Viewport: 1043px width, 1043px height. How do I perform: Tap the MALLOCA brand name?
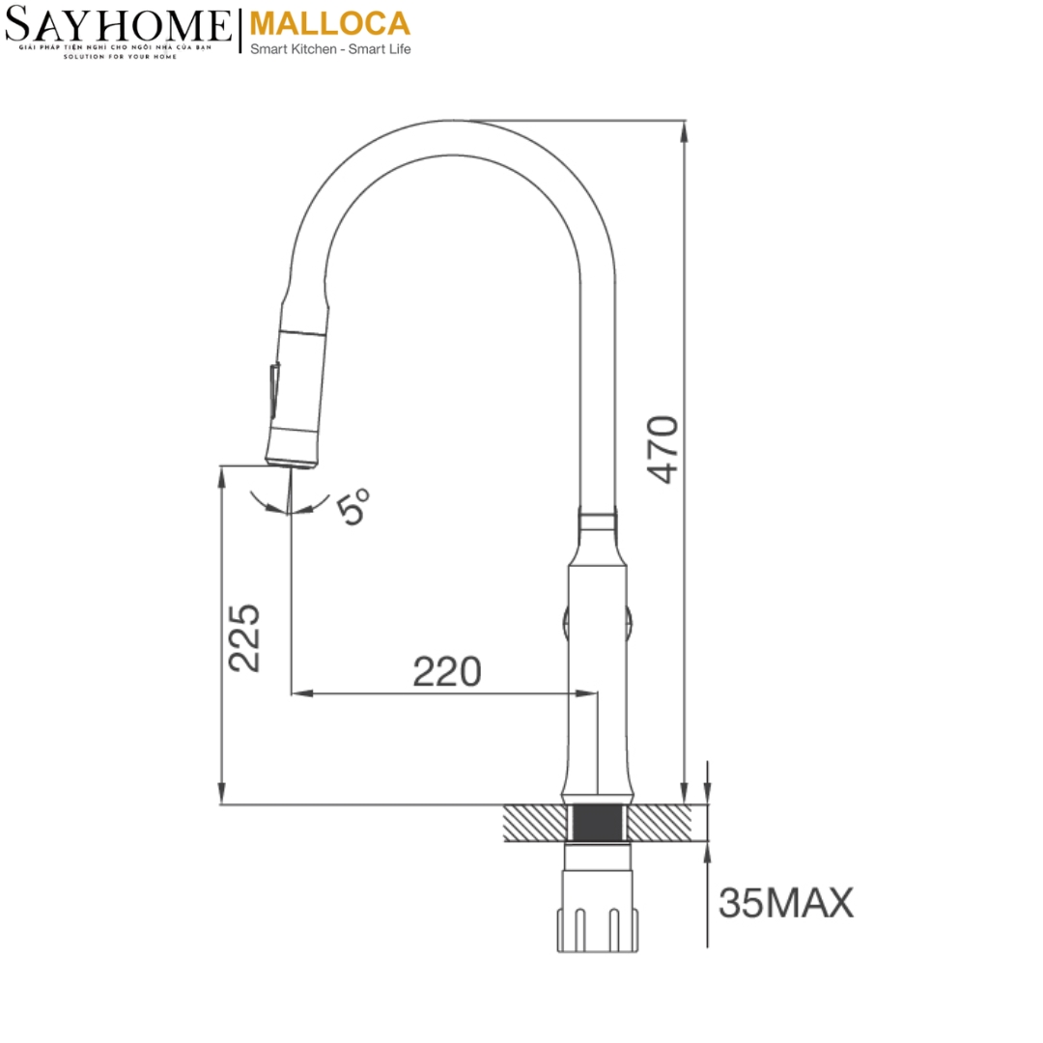tap(329, 23)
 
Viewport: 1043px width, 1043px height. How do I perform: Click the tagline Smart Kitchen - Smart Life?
tap(329, 49)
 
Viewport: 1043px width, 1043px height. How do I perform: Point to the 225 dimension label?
tap(244, 637)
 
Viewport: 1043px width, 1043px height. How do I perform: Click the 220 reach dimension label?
tap(446, 671)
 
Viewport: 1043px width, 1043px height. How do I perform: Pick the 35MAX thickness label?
tap(786, 903)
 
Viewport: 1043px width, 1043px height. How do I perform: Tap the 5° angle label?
tap(354, 506)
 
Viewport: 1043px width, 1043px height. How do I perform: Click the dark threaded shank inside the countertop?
tap(598, 823)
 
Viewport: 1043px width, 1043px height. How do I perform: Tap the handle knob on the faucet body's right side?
tap(629, 618)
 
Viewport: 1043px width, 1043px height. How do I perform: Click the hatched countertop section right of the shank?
tap(662, 823)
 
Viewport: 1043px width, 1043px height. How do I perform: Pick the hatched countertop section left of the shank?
tap(533, 823)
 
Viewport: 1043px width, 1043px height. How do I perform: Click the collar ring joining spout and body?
tap(597, 521)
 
